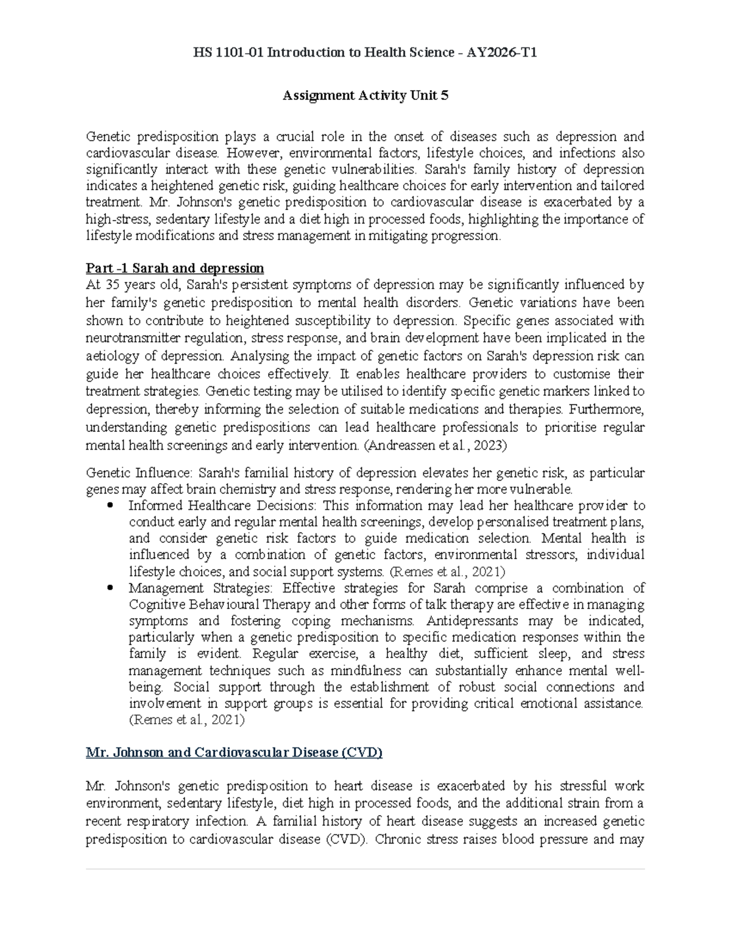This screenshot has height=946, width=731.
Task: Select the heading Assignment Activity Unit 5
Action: pos(365,95)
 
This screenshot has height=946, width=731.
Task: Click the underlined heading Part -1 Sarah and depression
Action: pos(175,268)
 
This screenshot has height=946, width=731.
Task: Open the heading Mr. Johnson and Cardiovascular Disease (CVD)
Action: pos(234,752)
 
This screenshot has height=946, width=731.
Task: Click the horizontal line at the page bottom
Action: pos(365,869)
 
